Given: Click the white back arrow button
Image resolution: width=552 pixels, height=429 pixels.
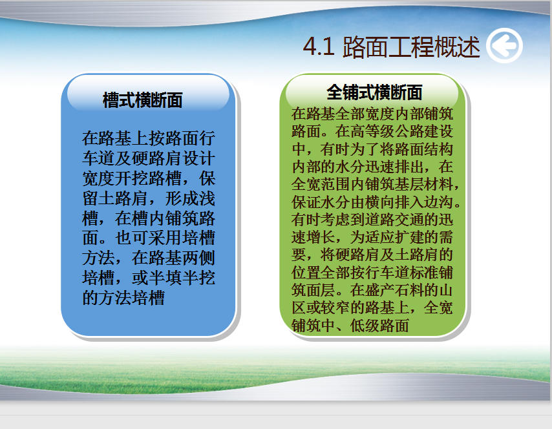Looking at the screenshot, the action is (x=504, y=45).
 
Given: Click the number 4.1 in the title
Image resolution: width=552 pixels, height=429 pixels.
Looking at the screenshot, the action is (x=319, y=47).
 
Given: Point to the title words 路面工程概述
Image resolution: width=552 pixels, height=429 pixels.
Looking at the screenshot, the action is (x=411, y=47).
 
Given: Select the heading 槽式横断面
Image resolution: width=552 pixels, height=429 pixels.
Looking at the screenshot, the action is (x=143, y=100).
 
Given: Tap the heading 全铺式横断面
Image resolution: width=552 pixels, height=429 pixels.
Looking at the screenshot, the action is (x=374, y=92).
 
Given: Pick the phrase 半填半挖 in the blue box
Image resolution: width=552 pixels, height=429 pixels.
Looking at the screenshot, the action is (x=181, y=278).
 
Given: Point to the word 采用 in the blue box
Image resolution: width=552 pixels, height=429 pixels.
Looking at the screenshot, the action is (x=165, y=238).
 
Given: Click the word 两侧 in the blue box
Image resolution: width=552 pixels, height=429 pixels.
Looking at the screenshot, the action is (x=198, y=258).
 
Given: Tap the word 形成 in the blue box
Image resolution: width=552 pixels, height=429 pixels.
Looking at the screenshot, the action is (x=181, y=198).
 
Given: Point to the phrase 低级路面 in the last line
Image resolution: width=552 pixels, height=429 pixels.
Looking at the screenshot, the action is (x=379, y=326).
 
